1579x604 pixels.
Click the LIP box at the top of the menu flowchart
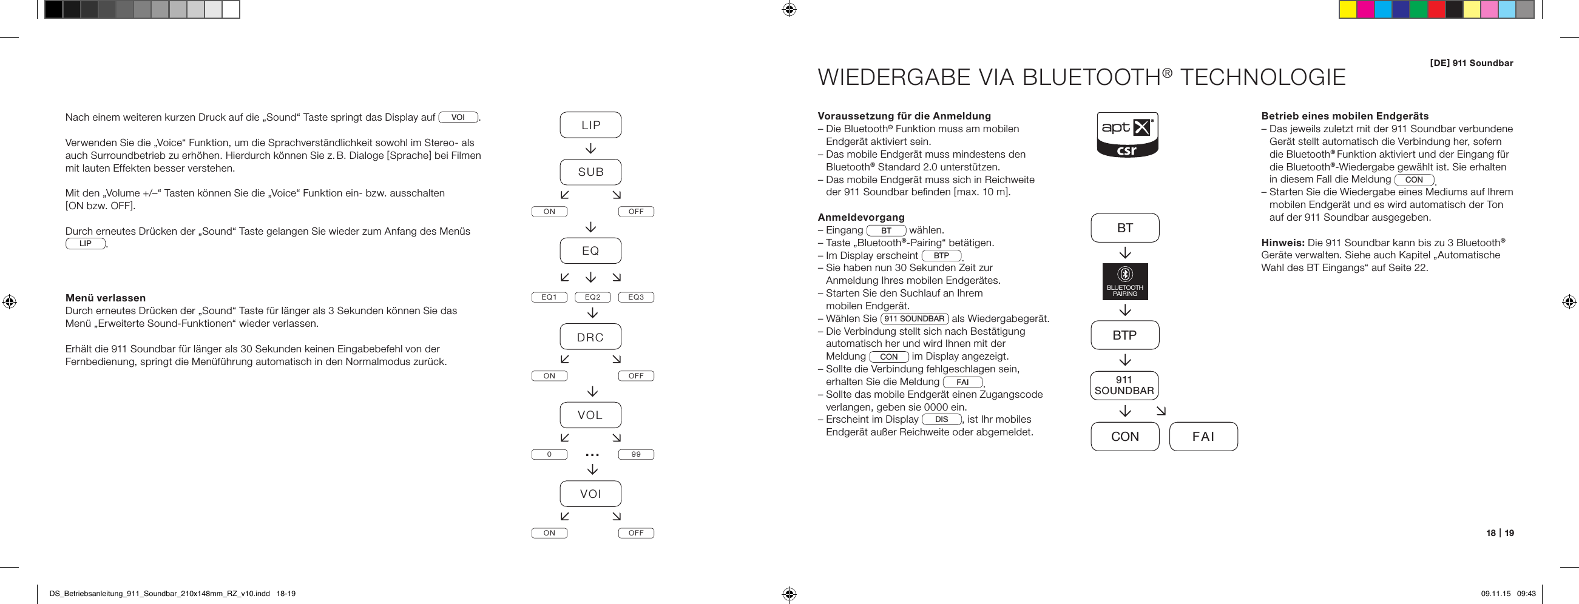[590, 125]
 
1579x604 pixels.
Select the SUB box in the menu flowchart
[590, 172]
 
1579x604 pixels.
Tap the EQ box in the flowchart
[590, 250]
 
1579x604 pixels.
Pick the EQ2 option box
[593, 297]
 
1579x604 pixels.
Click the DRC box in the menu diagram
[590, 337]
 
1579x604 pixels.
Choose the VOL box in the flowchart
[590, 415]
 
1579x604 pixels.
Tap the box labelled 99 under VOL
[635, 455]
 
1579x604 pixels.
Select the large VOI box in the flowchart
[590, 494]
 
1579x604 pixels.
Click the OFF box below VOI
[635, 533]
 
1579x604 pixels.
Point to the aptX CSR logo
[1127, 135]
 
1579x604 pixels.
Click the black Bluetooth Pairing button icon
[1125, 282]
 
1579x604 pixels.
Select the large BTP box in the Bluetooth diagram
[1125, 335]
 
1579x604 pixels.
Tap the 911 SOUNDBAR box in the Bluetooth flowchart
[1124, 385]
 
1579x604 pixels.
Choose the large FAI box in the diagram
[1203, 437]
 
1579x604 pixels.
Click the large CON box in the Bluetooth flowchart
[1125, 437]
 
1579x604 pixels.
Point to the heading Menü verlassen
[106, 298]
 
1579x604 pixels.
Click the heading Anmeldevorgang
[861, 218]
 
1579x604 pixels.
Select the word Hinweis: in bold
[1283, 243]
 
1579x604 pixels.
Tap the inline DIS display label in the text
[942, 420]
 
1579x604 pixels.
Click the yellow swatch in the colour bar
[1347, 10]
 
